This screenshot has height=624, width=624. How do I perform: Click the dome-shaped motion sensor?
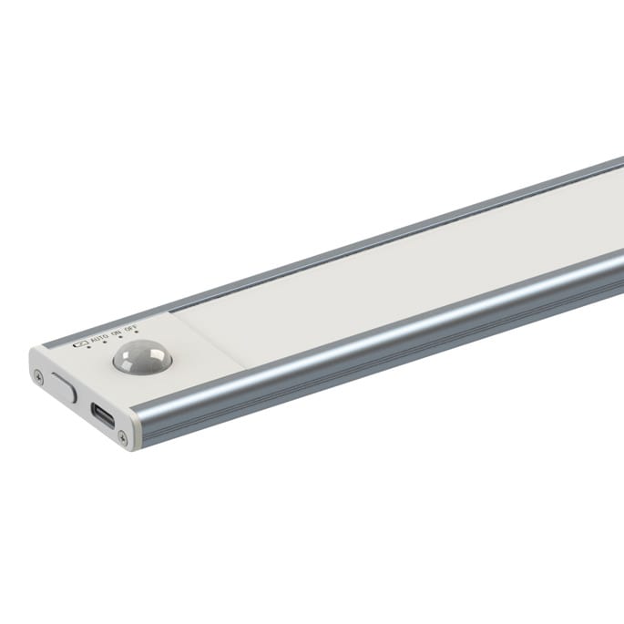141,358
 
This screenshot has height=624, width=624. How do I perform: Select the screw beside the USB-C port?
123,440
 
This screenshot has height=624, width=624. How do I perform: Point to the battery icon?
80,343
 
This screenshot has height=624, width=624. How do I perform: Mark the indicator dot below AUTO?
105,345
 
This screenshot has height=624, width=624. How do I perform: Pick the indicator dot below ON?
121,341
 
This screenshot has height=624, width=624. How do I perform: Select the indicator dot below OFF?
137,336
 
